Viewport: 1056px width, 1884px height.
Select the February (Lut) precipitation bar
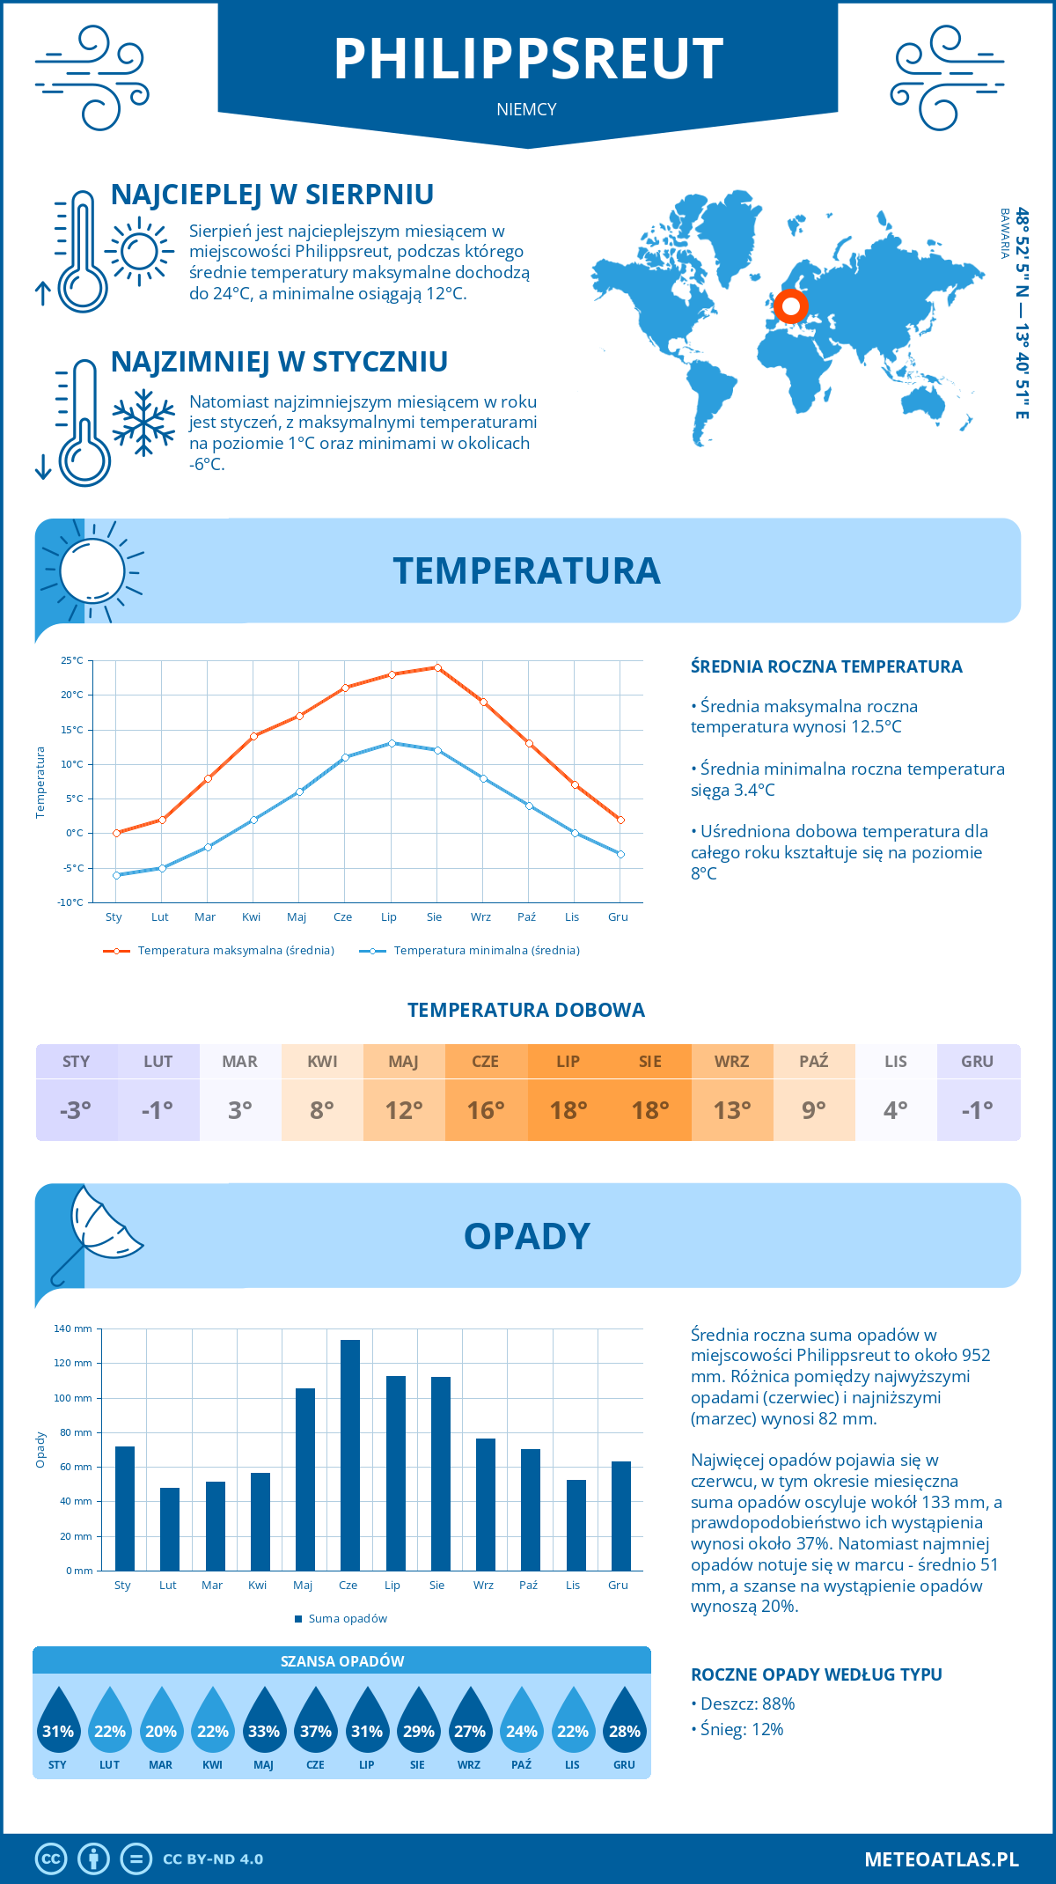170,1529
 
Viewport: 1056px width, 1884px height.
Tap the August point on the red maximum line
437,667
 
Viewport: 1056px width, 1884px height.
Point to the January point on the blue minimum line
116,875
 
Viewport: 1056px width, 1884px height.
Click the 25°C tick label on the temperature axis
72,660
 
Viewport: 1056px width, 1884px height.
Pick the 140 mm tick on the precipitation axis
74,1328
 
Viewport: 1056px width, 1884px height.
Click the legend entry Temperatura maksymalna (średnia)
235,951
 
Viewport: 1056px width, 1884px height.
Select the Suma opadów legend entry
348,1619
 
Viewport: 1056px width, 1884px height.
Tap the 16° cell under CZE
486,1110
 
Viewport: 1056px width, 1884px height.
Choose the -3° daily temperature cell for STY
76,1110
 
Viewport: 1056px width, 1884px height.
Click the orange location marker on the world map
790,306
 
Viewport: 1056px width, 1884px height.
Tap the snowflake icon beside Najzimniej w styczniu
143,423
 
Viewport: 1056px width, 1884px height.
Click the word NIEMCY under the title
526,109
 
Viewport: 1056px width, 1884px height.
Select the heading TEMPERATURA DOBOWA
526,1010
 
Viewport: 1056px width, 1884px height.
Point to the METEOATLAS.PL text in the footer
942,1859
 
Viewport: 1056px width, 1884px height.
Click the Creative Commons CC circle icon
51,1859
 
